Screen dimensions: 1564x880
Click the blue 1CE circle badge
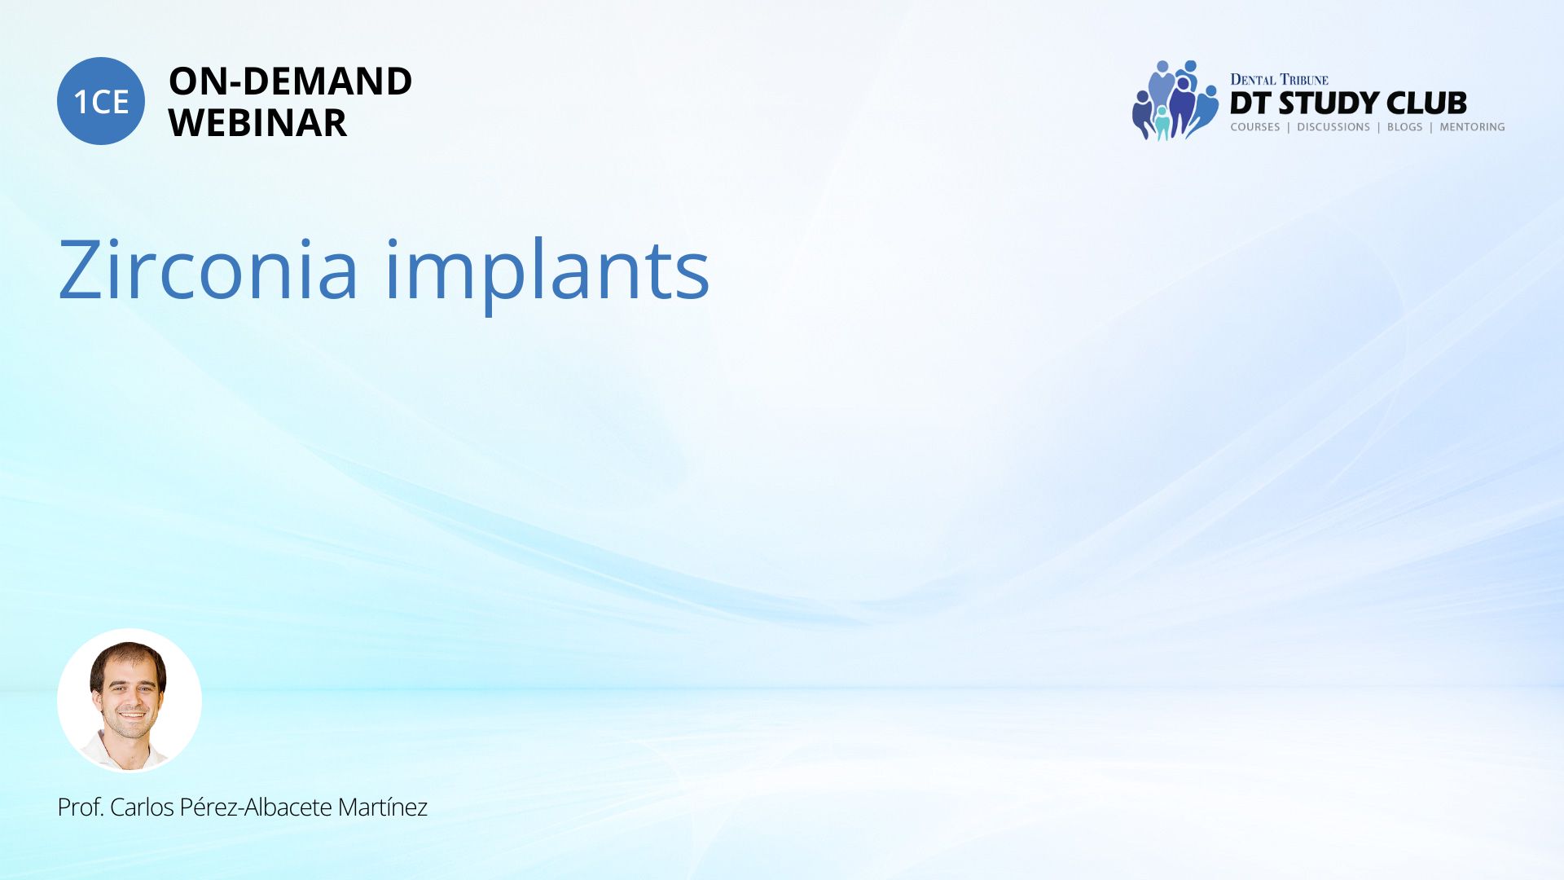pyautogui.click(x=101, y=101)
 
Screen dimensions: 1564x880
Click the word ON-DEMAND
pyautogui.click(x=290, y=81)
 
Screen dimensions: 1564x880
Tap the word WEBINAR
pyautogui.click(x=257, y=123)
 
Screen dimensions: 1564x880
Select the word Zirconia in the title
pyautogui.click(x=208, y=269)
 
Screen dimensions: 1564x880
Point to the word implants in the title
pyautogui.click(x=547, y=273)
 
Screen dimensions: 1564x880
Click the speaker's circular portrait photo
pyautogui.click(x=130, y=700)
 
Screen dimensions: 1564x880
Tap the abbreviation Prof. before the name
pyautogui.click(x=81, y=807)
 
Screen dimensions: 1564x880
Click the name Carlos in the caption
pyautogui.click(x=142, y=807)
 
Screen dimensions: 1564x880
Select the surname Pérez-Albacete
pyautogui.click(x=255, y=807)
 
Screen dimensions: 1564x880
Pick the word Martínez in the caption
pyautogui.click(x=382, y=807)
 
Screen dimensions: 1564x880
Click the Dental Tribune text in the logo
pyautogui.click(x=1279, y=80)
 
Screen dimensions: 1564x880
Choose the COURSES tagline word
pyautogui.click(x=1255, y=127)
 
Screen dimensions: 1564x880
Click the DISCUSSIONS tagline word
pyautogui.click(x=1333, y=127)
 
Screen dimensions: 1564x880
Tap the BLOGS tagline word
pyautogui.click(x=1404, y=127)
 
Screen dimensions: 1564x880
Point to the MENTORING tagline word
pyautogui.click(x=1472, y=127)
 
